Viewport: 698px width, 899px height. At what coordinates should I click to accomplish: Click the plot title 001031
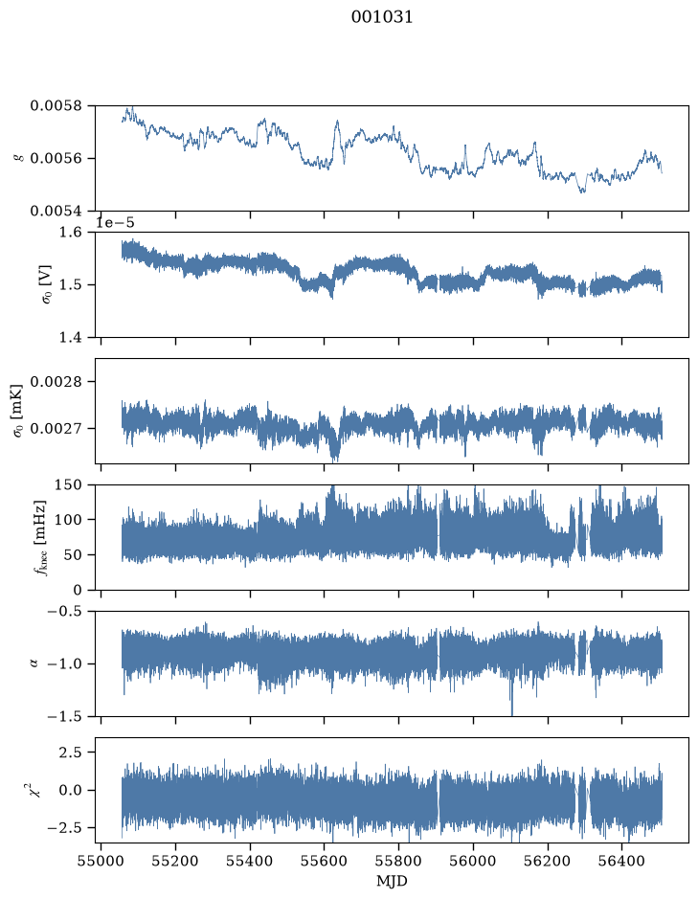(381, 17)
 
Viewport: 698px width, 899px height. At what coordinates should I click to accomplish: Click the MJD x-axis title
(392, 881)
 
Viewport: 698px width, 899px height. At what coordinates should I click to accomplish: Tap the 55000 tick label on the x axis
(101, 862)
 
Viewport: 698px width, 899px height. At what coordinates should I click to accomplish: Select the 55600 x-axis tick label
(324, 862)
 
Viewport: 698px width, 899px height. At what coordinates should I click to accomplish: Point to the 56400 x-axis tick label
(622, 862)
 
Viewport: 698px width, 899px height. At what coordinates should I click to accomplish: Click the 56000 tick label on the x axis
(473, 862)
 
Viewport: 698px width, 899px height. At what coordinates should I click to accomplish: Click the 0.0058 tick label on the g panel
(56, 105)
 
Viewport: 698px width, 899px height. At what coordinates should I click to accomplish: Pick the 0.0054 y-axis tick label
(56, 211)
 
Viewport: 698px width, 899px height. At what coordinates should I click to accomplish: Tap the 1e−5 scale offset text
(115, 222)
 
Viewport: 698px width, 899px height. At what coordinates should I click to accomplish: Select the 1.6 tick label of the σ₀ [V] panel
(71, 232)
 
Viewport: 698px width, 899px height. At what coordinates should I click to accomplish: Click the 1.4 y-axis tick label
(71, 337)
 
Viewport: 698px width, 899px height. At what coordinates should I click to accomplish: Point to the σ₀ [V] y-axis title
(47, 284)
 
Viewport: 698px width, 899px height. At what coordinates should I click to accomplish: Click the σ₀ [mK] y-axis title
(18, 411)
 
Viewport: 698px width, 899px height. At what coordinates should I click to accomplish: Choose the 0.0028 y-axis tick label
(56, 381)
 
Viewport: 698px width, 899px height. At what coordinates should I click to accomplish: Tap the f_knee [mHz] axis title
(39, 537)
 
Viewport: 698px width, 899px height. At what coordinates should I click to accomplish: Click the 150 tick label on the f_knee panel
(68, 484)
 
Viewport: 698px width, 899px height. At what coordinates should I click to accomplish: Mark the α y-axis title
(34, 663)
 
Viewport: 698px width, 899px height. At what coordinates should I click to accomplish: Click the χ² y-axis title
(34, 790)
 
